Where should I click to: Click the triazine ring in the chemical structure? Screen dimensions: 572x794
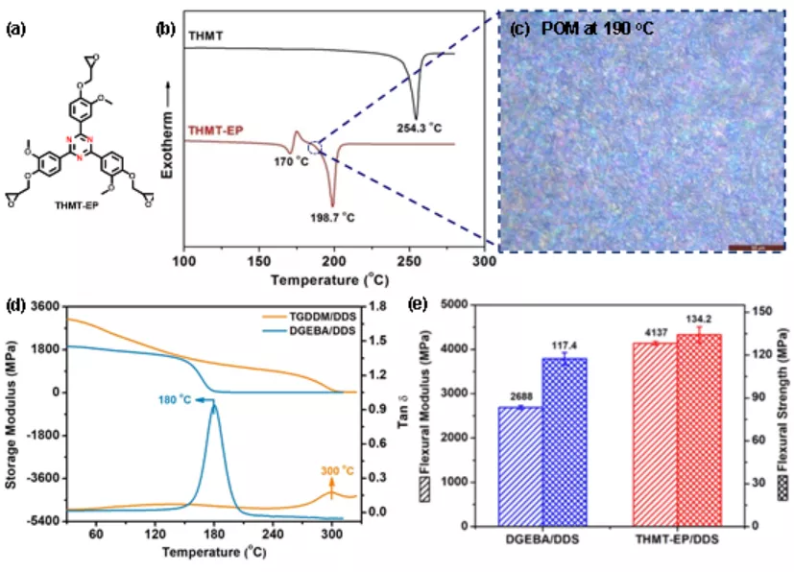pyautogui.click(x=80, y=146)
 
